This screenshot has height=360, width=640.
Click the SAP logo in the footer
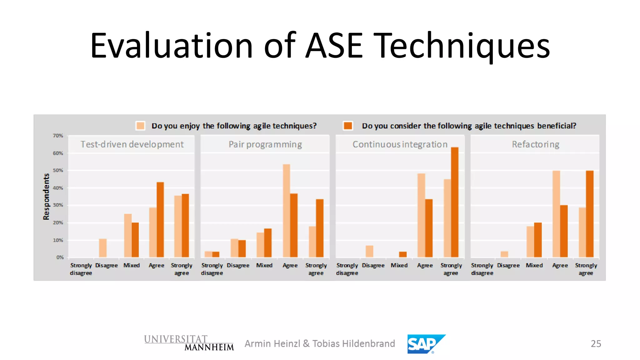426,344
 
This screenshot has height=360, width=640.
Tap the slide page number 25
596,344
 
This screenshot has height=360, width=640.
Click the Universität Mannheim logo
189,343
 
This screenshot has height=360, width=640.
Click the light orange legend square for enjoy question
140,126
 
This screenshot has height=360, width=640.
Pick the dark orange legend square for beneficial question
348,126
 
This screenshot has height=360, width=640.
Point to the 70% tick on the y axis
58,136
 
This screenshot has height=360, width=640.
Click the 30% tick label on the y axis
58,205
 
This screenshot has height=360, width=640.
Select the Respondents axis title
46,197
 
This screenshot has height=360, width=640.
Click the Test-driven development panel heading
132,144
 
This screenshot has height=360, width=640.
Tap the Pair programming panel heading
265,144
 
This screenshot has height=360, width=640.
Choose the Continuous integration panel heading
400,144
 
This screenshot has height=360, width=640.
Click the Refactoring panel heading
535,144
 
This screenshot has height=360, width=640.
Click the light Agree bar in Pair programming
286,211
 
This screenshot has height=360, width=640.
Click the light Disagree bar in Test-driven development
103,248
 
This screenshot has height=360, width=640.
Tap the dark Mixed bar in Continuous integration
403,254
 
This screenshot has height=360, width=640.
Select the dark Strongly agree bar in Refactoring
589,214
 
